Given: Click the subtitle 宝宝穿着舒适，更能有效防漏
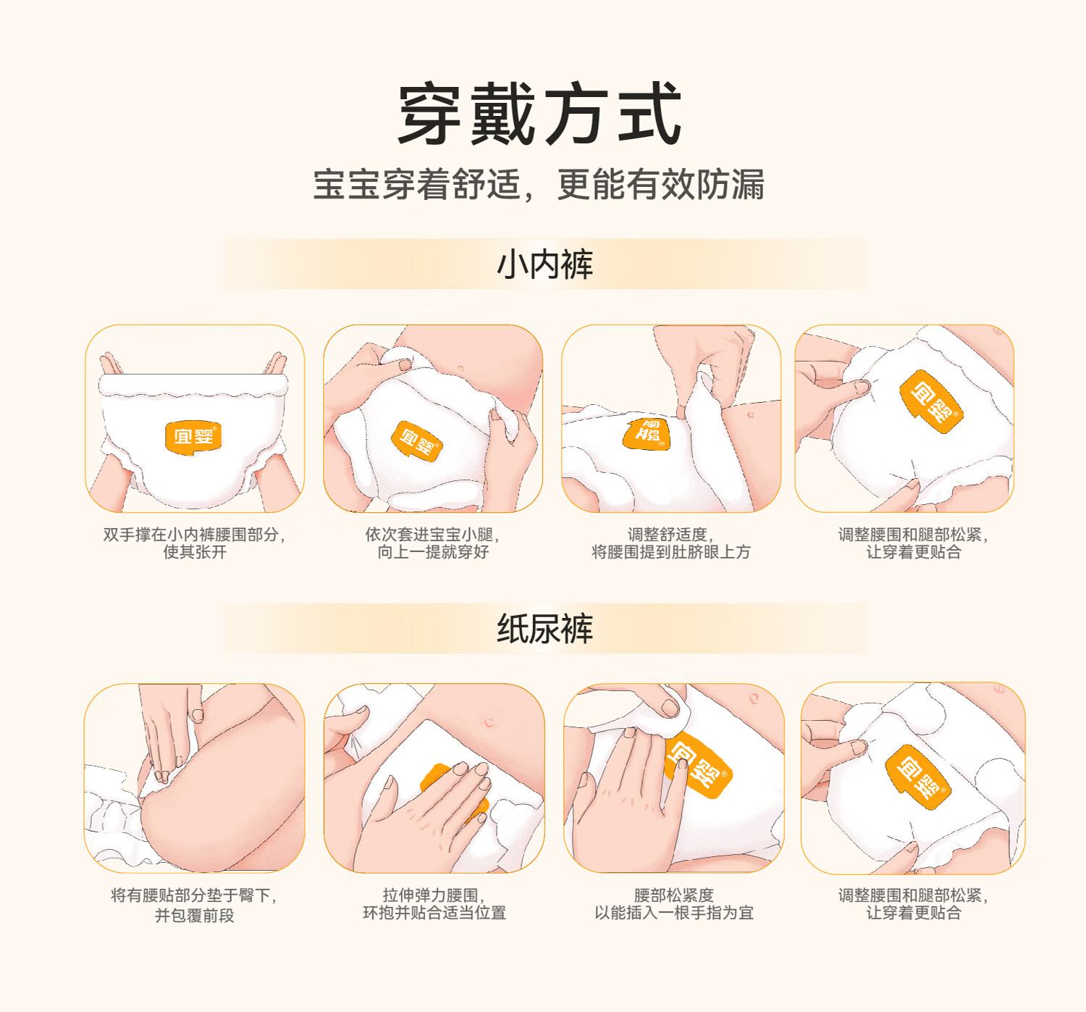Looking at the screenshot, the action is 539,185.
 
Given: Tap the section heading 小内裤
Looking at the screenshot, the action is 544,264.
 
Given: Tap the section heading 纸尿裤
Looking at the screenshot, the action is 544,628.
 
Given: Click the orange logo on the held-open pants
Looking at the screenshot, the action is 193,438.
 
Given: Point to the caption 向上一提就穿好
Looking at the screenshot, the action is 433,552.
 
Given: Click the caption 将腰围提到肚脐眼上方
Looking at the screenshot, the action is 671,552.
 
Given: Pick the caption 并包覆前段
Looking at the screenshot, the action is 194,915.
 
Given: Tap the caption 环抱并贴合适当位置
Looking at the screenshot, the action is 434,913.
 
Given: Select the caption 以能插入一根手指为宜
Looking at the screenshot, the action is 674,913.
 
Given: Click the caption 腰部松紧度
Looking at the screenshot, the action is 674,895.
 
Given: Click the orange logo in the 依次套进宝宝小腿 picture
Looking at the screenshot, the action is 417,441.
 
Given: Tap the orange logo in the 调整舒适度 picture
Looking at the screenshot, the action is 647,435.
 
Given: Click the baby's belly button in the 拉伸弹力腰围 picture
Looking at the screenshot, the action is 489,722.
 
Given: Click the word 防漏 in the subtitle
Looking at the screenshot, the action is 730,185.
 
